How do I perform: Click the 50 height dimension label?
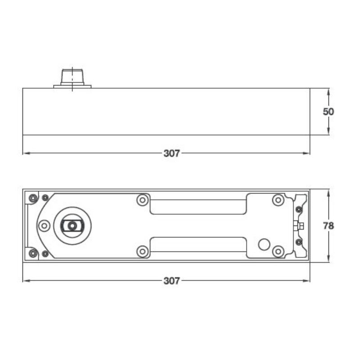click(328, 112)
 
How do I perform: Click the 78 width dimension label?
click(328, 226)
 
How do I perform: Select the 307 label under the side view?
click(171, 153)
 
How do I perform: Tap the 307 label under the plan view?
click(171, 281)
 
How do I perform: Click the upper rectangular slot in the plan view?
click(198, 207)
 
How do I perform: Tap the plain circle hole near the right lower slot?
click(264, 244)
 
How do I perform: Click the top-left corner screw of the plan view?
click(32, 198)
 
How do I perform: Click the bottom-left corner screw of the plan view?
click(32, 253)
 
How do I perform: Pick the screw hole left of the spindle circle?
click(44, 225)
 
